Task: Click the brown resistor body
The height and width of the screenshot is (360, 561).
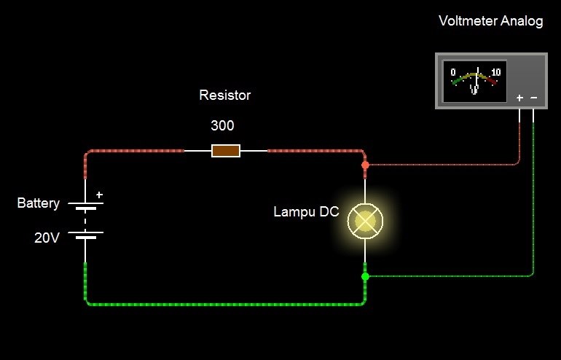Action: (226, 151)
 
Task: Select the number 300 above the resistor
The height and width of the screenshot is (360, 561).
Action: (222, 125)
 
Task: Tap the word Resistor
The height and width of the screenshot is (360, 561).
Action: (224, 95)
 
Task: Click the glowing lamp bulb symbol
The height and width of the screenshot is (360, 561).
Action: (365, 220)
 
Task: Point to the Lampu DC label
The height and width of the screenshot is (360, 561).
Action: (306, 212)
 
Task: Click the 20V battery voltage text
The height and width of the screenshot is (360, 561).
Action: (47, 237)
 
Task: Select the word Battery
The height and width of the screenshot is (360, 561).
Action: (38, 203)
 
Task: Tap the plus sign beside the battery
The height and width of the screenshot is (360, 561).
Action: (100, 195)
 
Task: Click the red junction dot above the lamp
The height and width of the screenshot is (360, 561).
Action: (365, 165)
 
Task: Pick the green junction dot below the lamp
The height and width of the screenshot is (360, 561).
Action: (365, 276)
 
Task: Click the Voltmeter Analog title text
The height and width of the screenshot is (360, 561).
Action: (490, 20)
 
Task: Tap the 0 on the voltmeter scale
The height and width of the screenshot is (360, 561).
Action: (453, 72)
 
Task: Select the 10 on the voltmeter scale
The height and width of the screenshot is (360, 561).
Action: (496, 72)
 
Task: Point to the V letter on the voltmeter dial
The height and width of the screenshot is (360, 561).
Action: (474, 90)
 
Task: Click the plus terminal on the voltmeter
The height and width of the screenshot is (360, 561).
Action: (519, 98)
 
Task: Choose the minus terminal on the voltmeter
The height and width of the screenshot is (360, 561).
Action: (534, 98)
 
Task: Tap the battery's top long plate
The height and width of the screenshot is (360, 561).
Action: (85, 204)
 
